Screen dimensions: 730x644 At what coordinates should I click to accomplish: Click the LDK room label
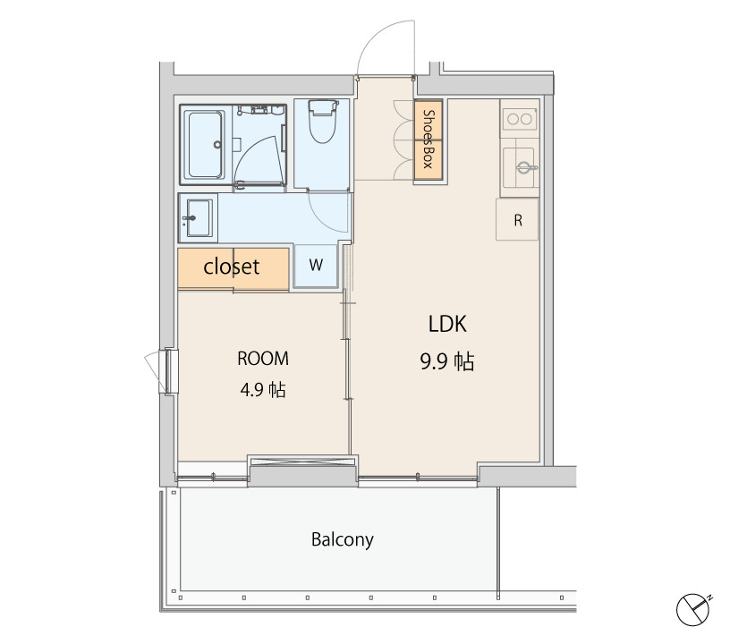tap(447, 324)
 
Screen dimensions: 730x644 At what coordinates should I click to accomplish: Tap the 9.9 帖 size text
tap(447, 361)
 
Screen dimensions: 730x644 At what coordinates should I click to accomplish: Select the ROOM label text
tap(263, 359)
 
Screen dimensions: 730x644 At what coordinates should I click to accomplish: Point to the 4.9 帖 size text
tap(263, 389)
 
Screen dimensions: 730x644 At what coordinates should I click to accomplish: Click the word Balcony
tap(342, 539)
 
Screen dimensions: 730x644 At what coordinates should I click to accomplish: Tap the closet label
tap(232, 267)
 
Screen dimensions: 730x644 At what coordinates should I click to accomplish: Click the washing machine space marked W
tap(316, 266)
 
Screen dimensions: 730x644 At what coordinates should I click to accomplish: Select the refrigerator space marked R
tap(517, 220)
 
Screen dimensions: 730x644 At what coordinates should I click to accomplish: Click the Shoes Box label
tap(428, 139)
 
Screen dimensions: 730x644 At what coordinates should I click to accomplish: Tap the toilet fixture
tap(322, 121)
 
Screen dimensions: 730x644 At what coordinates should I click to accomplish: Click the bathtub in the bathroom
tap(206, 144)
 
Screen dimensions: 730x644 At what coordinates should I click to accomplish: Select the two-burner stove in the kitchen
tap(520, 119)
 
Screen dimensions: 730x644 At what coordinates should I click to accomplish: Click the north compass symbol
tap(693, 609)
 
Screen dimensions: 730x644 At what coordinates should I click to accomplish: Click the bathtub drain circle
tap(218, 144)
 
